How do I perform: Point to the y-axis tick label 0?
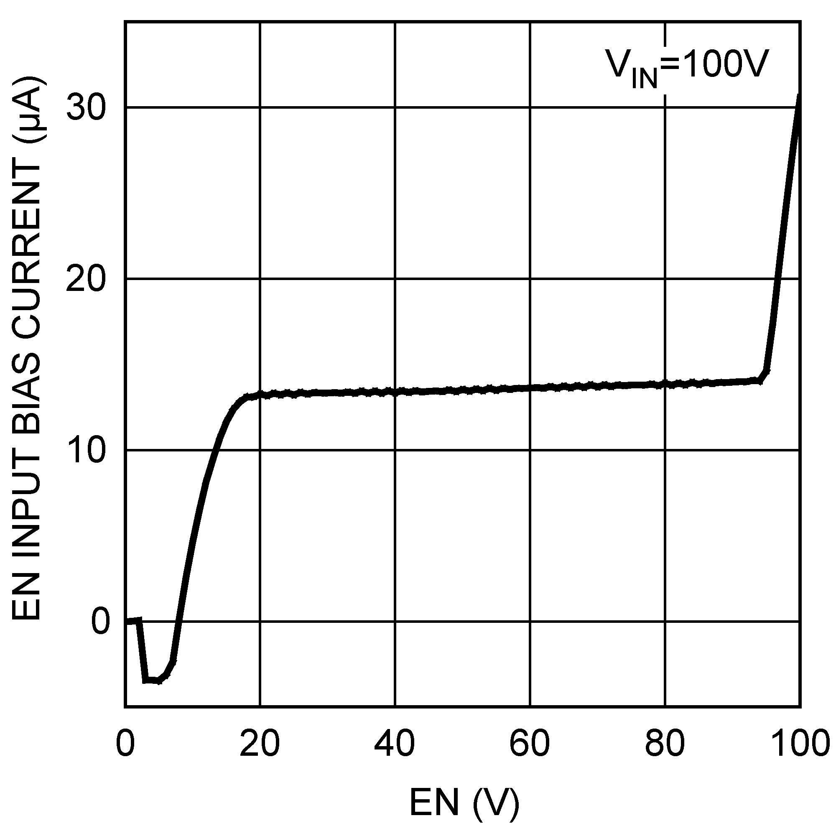(x=100, y=622)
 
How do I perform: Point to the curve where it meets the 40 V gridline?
(x=395, y=392)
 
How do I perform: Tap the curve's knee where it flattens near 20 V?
(x=247, y=397)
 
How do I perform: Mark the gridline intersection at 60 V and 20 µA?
(x=530, y=279)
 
